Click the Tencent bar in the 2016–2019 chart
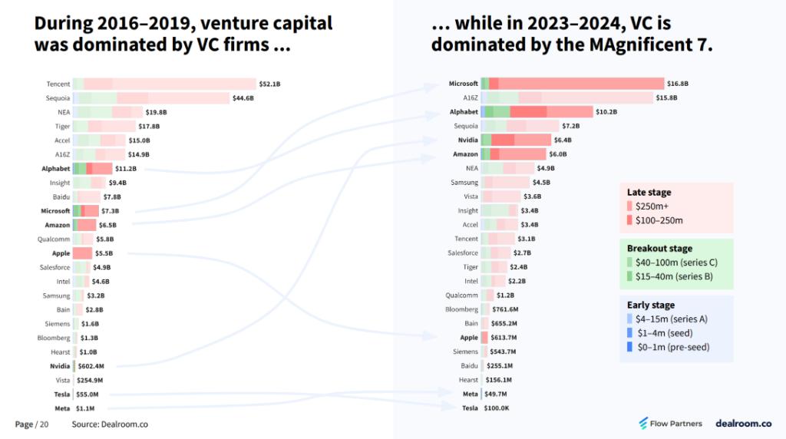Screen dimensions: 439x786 (x=164, y=84)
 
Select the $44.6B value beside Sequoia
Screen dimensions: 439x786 (x=243, y=98)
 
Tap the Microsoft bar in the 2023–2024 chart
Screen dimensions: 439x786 (x=572, y=84)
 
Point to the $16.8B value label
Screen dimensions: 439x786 (x=678, y=84)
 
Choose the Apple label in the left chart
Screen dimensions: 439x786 (x=61, y=253)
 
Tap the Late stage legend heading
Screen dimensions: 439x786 (x=649, y=193)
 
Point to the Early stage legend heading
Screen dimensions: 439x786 (x=650, y=305)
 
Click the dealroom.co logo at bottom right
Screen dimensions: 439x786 (x=743, y=423)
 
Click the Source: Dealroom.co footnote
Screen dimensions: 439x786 (x=110, y=424)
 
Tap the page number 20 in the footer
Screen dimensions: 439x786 (x=44, y=424)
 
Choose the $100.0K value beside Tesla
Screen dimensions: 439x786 (x=496, y=408)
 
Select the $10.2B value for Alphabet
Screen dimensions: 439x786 (x=606, y=112)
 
